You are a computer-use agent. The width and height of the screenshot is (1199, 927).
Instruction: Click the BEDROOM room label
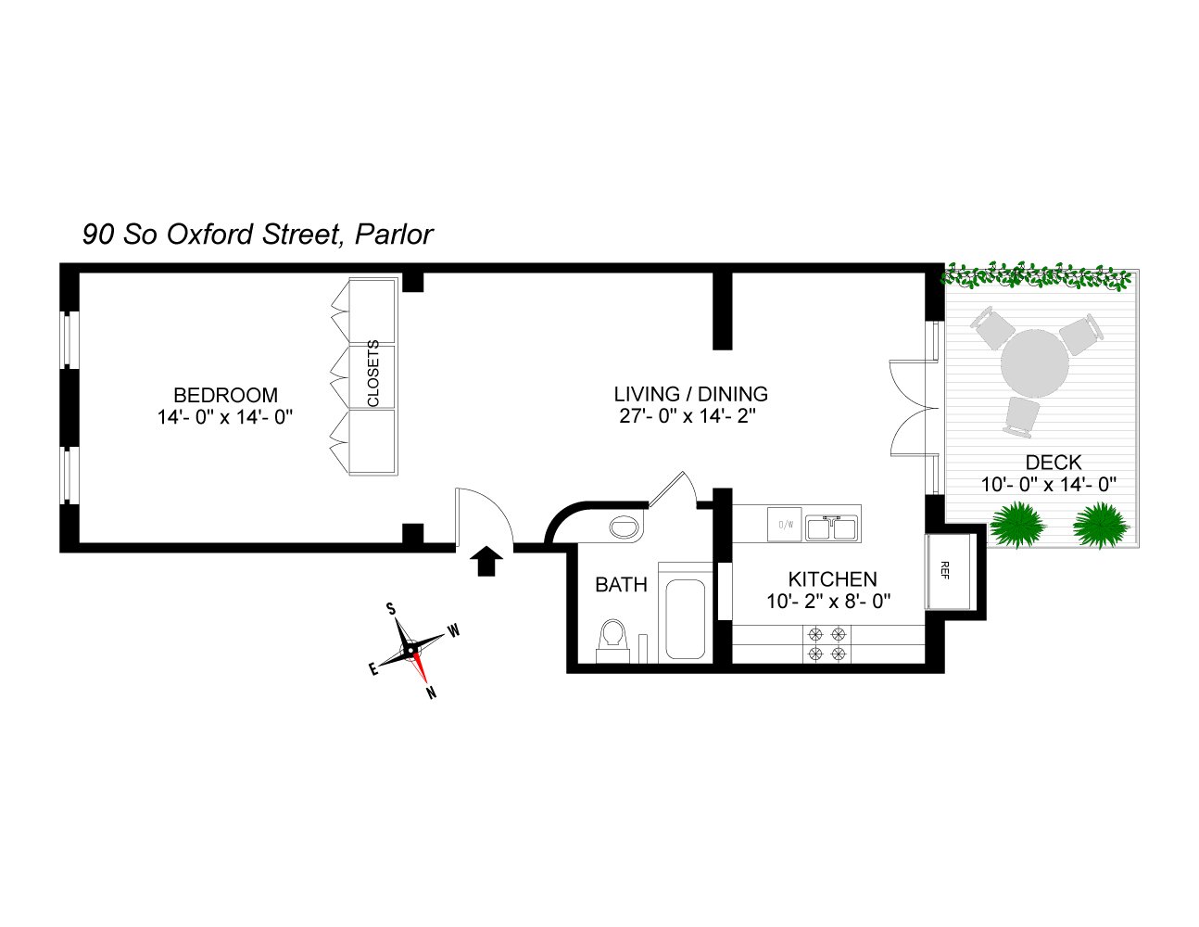(225, 396)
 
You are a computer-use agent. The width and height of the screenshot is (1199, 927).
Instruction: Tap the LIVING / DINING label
(690, 394)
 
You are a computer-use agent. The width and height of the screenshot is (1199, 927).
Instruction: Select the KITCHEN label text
(832, 579)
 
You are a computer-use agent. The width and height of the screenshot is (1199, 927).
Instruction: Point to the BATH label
(621, 585)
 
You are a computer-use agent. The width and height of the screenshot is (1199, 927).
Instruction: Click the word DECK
(1054, 463)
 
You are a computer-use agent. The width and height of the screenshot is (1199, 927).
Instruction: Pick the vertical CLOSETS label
(373, 374)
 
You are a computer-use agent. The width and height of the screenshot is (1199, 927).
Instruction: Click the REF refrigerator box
(947, 571)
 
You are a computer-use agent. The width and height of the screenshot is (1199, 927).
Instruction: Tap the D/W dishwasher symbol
(786, 526)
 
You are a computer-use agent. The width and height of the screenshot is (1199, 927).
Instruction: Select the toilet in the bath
(611, 639)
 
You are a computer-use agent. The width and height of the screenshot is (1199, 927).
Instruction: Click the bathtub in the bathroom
(686, 619)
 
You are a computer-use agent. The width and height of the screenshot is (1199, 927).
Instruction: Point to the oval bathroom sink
(625, 528)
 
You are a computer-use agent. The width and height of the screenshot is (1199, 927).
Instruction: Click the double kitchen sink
(831, 527)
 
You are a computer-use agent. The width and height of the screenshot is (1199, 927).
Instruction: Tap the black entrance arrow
(488, 561)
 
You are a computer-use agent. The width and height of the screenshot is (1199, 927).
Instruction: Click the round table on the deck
(1035, 362)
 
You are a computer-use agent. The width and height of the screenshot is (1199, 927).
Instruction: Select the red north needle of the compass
(422, 669)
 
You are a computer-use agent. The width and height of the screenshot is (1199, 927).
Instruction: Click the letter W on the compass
(454, 631)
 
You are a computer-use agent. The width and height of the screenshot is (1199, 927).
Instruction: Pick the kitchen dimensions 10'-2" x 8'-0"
(828, 602)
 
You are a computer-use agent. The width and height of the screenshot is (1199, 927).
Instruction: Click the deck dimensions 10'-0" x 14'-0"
(1048, 484)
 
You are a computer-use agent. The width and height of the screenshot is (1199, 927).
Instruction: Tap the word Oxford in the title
(209, 235)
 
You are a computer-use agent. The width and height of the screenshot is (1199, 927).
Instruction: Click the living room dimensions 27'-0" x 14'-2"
(688, 416)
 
